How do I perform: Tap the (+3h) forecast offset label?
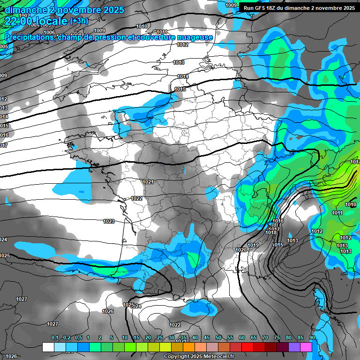point(77,21)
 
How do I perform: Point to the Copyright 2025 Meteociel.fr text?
point(199,356)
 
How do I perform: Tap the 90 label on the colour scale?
point(312,337)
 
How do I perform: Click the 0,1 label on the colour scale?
point(55,337)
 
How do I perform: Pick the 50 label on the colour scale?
point(218,337)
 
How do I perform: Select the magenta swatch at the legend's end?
point(306,347)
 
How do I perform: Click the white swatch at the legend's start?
point(48,347)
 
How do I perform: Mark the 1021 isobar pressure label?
point(148,182)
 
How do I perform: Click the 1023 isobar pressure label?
point(109,221)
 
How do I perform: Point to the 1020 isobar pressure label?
point(241,250)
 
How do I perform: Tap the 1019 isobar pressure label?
point(253,245)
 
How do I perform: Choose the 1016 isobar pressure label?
point(278,221)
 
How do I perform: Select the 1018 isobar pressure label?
point(271,233)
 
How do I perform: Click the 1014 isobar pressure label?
point(183,76)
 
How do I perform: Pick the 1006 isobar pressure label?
point(49,45)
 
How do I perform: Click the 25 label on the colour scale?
point(160,337)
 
